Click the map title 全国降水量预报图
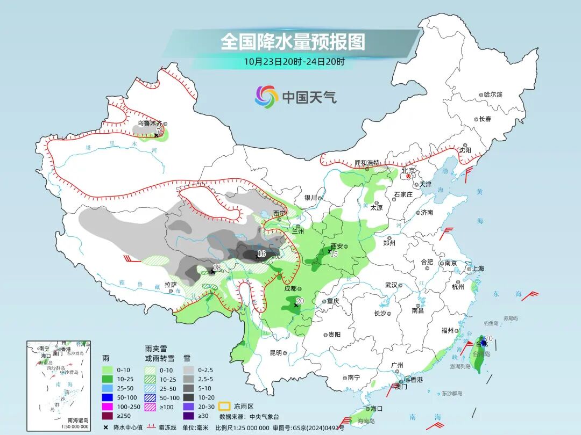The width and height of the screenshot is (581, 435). point(293,41)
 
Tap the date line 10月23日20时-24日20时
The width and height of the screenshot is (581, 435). point(294,61)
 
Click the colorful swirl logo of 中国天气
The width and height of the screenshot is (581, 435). point(266,97)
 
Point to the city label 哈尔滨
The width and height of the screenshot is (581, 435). point(492,95)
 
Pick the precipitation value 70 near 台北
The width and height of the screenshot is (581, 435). point(488,338)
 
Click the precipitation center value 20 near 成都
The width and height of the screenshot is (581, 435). point(300,301)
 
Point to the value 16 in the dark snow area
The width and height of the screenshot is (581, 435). point(261,253)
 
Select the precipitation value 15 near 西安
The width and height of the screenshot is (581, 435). point(334,254)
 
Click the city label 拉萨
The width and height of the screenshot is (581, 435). point(171,285)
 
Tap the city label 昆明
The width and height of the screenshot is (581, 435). point(275,353)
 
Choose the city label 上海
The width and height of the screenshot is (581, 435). point(478,269)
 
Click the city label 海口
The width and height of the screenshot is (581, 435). point(376,409)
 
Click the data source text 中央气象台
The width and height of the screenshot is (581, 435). point(264,416)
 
